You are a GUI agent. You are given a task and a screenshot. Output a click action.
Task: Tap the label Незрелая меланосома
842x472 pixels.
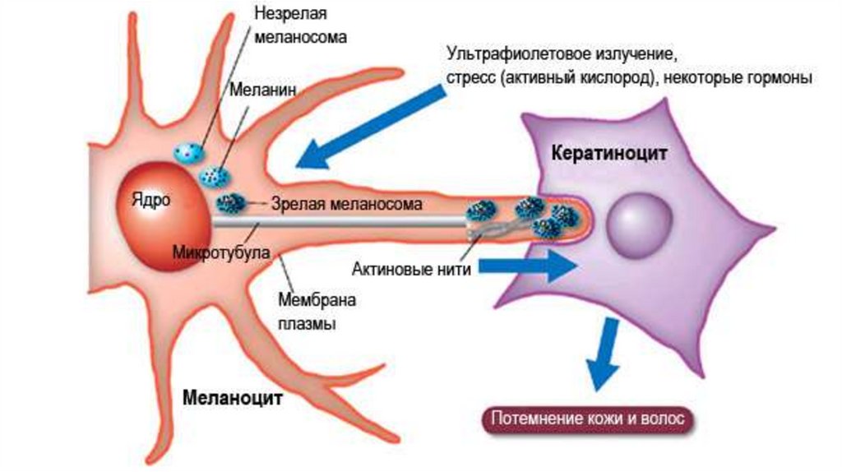pyautogui.click(x=300, y=25)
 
